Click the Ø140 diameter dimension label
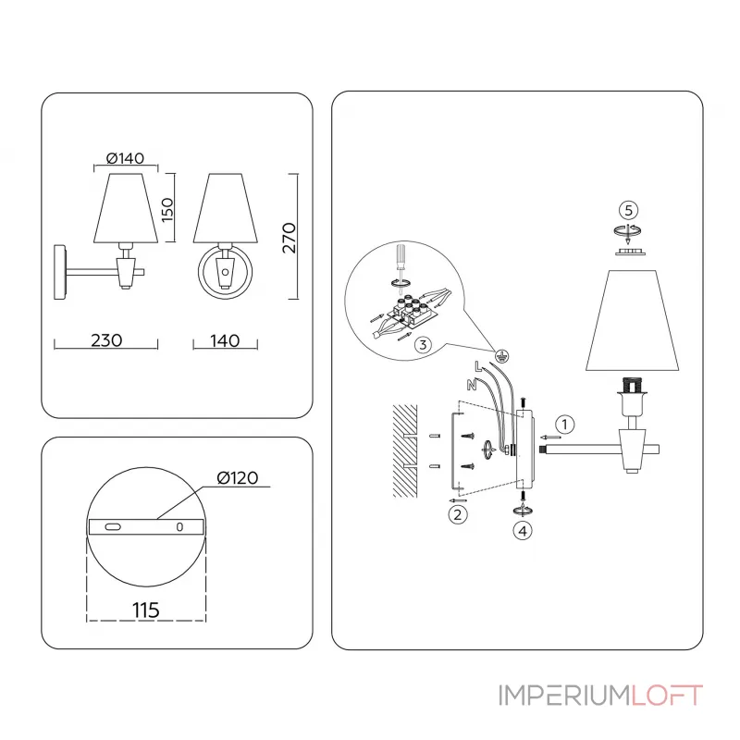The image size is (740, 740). click(x=125, y=158)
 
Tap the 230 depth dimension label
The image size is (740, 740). click(x=106, y=340)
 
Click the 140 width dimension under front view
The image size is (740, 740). click(x=225, y=340)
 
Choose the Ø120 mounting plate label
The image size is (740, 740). click(x=238, y=477)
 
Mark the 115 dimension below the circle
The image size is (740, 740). click(x=144, y=610)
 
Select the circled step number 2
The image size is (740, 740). click(x=456, y=514)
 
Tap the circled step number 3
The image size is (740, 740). click(x=422, y=345)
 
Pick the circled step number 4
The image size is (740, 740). click(x=524, y=531)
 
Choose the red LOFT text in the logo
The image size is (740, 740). click(x=667, y=695)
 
